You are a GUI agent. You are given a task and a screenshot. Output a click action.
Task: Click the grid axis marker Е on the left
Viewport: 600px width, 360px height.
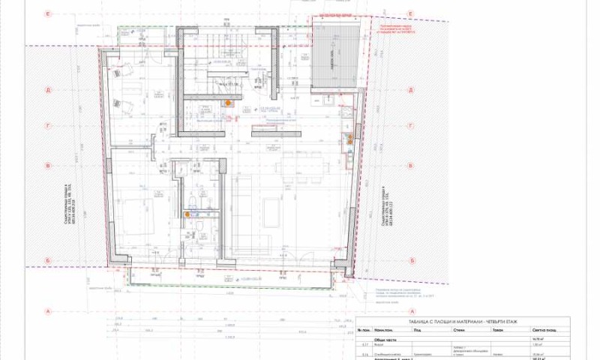click(47, 14)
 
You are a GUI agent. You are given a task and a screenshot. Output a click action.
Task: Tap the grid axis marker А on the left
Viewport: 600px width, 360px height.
click(47, 310)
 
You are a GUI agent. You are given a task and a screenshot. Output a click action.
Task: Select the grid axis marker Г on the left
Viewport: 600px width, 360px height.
click(47, 127)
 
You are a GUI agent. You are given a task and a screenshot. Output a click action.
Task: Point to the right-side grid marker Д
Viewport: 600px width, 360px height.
click(411, 89)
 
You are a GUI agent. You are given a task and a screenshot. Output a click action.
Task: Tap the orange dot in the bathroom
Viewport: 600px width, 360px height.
click(187, 214)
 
